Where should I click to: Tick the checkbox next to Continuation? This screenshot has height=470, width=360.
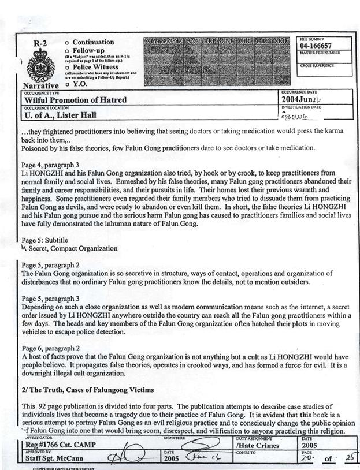(68, 43)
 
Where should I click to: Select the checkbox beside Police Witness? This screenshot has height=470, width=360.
(68, 67)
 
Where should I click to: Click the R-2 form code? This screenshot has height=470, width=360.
(40, 43)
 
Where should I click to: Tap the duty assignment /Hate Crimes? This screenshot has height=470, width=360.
(258, 445)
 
